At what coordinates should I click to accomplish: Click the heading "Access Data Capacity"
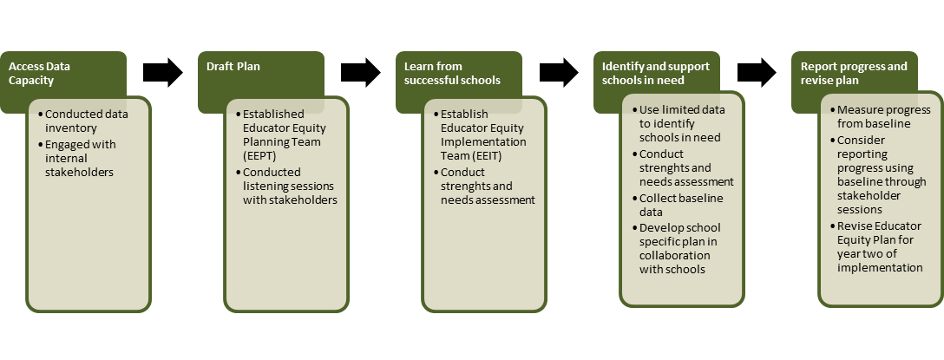[x=40, y=73]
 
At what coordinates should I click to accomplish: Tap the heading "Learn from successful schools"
[x=452, y=73]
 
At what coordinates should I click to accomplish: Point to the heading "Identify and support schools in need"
[x=656, y=73]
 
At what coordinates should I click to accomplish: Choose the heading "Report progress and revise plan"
[x=854, y=73]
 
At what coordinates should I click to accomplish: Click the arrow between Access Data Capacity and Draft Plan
[x=163, y=72]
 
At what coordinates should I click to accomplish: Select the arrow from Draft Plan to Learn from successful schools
[x=361, y=72]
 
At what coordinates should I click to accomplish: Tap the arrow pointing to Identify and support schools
[x=559, y=72]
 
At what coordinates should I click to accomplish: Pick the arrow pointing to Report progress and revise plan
[x=757, y=72]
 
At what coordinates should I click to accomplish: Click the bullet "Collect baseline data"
[x=680, y=205]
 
